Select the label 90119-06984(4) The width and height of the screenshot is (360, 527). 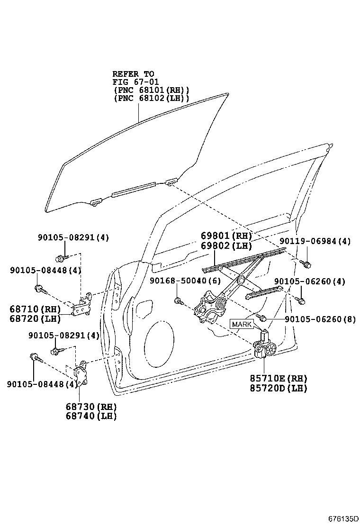click(315, 241)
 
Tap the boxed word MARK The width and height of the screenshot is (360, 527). click(242, 324)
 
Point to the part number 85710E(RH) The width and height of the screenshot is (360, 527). click(279, 378)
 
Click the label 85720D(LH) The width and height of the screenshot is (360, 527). click(279, 388)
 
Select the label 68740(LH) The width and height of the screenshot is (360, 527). click(91, 416)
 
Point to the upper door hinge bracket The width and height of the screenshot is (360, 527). click(82, 305)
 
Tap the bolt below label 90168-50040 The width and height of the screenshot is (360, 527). click(178, 300)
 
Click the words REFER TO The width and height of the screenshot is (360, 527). click(133, 74)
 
